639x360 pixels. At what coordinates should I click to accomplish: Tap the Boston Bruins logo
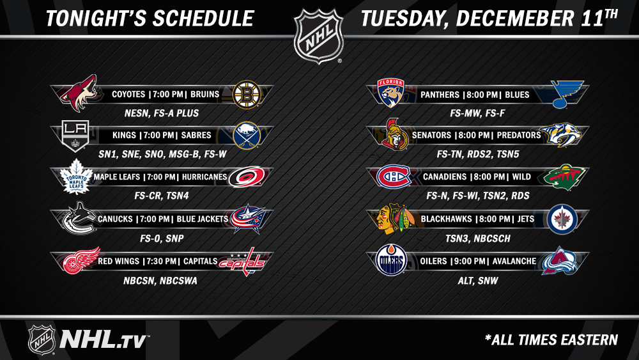tap(246, 95)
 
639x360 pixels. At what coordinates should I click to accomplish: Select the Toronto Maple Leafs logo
tap(76, 177)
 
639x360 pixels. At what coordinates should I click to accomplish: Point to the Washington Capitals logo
tap(242, 262)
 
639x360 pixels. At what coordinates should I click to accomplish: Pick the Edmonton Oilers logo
tap(391, 260)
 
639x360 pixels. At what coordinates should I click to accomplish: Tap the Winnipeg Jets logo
tap(562, 219)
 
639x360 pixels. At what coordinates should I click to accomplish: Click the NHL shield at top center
tap(319, 36)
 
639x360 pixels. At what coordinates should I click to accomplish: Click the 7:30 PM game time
tap(161, 261)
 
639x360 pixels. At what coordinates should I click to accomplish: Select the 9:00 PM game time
tap(470, 261)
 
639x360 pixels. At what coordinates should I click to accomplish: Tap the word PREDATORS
tap(519, 136)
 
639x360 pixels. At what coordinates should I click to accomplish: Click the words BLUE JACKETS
tap(202, 219)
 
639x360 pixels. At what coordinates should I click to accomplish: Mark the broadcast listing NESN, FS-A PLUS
tap(162, 113)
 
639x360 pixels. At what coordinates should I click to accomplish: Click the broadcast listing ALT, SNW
tap(478, 281)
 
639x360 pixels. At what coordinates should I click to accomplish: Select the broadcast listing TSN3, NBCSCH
tap(477, 239)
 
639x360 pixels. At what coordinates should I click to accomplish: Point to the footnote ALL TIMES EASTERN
tap(551, 340)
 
